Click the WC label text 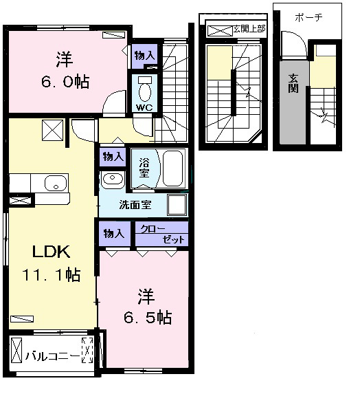(x=144, y=107)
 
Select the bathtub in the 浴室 (x=172, y=168)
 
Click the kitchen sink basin (x=56, y=183)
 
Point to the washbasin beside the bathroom (x=113, y=179)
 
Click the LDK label (x=52, y=252)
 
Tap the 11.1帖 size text (x=52, y=274)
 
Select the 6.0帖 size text (x=65, y=81)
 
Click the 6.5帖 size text (x=147, y=318)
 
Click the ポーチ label (x=308, y=17)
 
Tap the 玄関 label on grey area (x=293, y=83)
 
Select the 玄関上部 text (x=249, y=29)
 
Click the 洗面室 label (x=135, y=204)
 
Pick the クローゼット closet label (x=162, y=234)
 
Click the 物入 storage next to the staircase (x=144, y=56)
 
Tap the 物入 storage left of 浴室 (x=113, y=157)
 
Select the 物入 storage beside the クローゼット (x=114, y=234)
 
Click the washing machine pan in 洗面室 (x=177, y=205)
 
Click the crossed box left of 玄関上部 (x=219, y=31)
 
